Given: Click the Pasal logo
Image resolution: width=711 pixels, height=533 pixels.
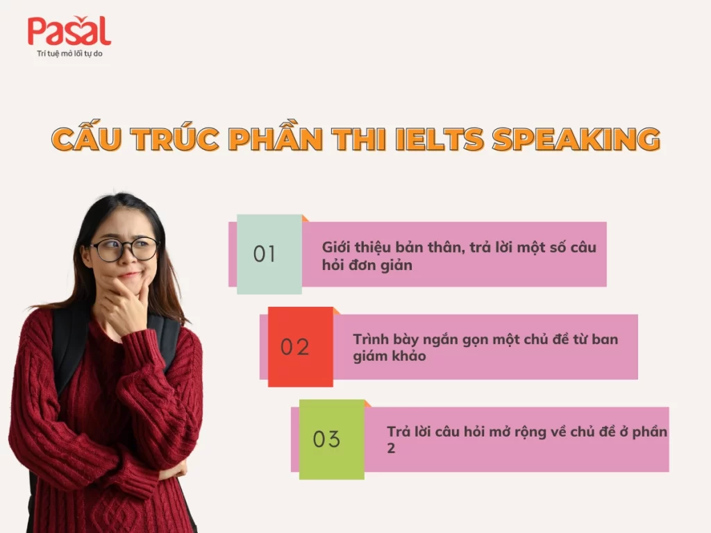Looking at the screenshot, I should (69, 32).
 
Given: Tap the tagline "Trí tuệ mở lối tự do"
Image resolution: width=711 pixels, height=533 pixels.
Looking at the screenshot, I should (69, 53).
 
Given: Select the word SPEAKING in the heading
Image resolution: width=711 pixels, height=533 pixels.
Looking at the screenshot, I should (576, 139).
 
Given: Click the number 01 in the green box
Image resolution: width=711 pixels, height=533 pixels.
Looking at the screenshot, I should (265, 254).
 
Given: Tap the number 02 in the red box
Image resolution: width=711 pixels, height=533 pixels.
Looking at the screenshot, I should (295, 346).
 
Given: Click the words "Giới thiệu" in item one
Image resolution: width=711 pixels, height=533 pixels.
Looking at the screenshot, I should (348, 248).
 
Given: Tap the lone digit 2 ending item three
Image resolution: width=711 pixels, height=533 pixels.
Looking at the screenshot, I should (391, 448).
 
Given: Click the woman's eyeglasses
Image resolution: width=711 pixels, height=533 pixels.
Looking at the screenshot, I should (125, 248).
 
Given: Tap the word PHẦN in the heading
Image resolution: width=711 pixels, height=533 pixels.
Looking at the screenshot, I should (276, 139).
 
